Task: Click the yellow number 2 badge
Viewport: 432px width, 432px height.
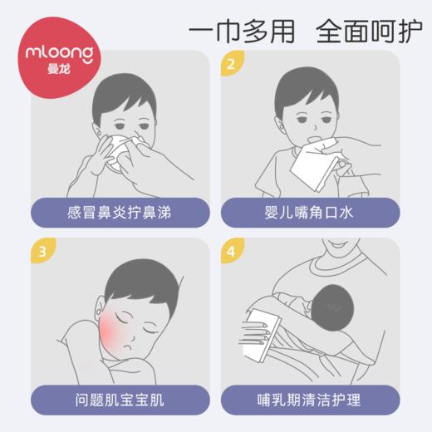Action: (x=231, y=62)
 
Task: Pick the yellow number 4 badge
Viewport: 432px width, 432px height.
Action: (x=231, y=251)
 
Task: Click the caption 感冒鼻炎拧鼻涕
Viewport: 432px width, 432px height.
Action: (x=114, y=212)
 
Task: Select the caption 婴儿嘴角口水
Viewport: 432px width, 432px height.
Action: (x=315, y=212)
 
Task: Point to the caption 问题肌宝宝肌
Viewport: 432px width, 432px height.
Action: (x=114, y=400)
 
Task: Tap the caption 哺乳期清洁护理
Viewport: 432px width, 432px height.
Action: (x=315, y=400)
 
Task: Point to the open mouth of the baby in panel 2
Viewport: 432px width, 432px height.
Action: (x=311, y=131)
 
